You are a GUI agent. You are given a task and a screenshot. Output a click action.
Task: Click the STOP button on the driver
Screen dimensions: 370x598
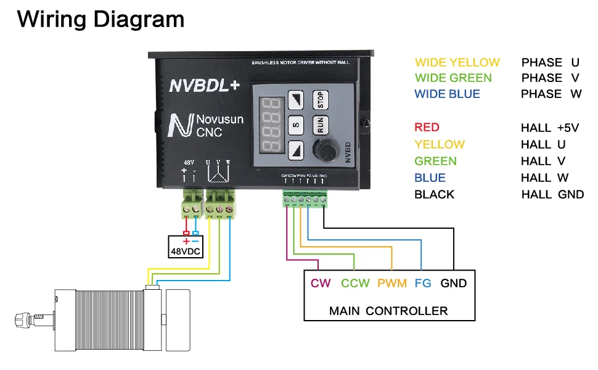coord(320,99)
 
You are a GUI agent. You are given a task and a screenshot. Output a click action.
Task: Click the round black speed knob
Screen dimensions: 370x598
coord(324,150)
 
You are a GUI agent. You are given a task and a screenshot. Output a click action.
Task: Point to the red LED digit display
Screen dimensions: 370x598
coord(269,125)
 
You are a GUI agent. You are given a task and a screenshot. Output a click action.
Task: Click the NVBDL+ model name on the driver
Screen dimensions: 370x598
coord(204,86)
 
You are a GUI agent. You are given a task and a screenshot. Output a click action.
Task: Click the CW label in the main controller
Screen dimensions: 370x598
coord(321,284)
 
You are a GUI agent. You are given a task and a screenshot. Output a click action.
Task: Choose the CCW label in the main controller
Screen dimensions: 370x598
coord(355,284)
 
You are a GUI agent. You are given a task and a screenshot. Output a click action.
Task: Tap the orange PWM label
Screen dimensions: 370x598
coord(392,284)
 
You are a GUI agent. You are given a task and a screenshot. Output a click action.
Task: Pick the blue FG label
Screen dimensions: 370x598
coord(423,284)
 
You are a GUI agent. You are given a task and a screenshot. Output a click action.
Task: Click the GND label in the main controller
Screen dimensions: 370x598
coord(454,284)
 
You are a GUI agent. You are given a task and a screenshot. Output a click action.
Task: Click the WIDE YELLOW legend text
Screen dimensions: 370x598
coord(457,62)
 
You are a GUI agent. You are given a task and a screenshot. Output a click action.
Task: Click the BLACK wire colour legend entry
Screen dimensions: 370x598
coord(434,194)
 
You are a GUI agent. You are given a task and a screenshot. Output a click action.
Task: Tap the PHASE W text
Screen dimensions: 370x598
coord(551,94)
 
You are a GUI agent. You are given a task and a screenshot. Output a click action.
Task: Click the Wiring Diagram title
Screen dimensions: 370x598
coord(100,19)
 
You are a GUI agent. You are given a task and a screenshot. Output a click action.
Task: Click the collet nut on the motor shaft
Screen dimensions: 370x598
coord(22,320)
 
